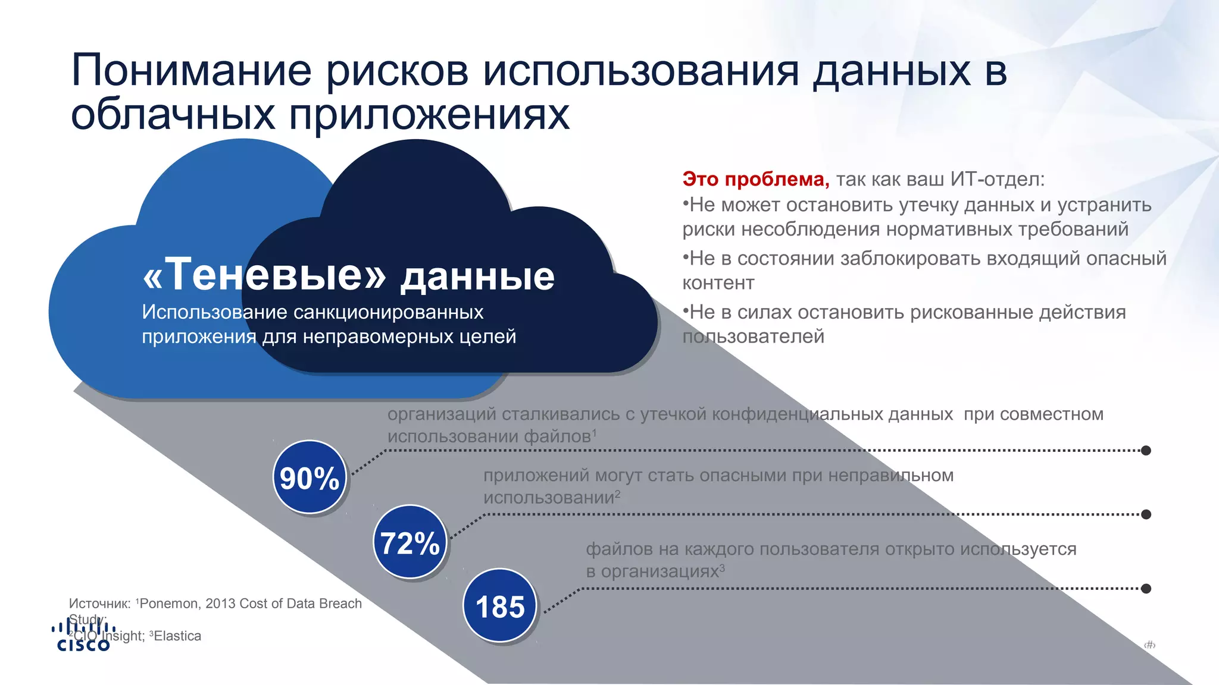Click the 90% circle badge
click(x=310, y=477)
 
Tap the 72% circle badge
click(x=410, y=542)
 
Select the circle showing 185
click(x=500, y=606)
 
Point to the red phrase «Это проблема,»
click(x=755, y=179)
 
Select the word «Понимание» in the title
click(x=191, y=71)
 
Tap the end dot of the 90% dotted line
click(x=1146, y=451)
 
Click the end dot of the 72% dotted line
click(x=1146, y=514)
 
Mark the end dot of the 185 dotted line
click(x=1146, y=589)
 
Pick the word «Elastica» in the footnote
click(x=177, y=636)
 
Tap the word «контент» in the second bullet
click(x=718, y=283)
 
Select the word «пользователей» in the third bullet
click(x=753, y=337)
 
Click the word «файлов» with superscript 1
click(x=557, y=436)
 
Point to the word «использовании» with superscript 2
click(x=548, y=498)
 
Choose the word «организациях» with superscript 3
click(x=659, y=571)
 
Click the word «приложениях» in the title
click(x=429, y=115)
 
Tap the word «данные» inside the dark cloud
click(x=477, y=276)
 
